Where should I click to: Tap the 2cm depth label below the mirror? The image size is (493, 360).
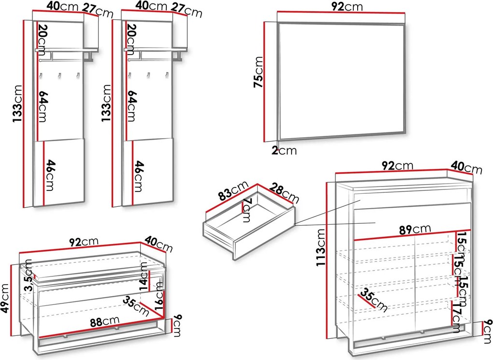[284, 150]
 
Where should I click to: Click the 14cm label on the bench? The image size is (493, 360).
[144, 278]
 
